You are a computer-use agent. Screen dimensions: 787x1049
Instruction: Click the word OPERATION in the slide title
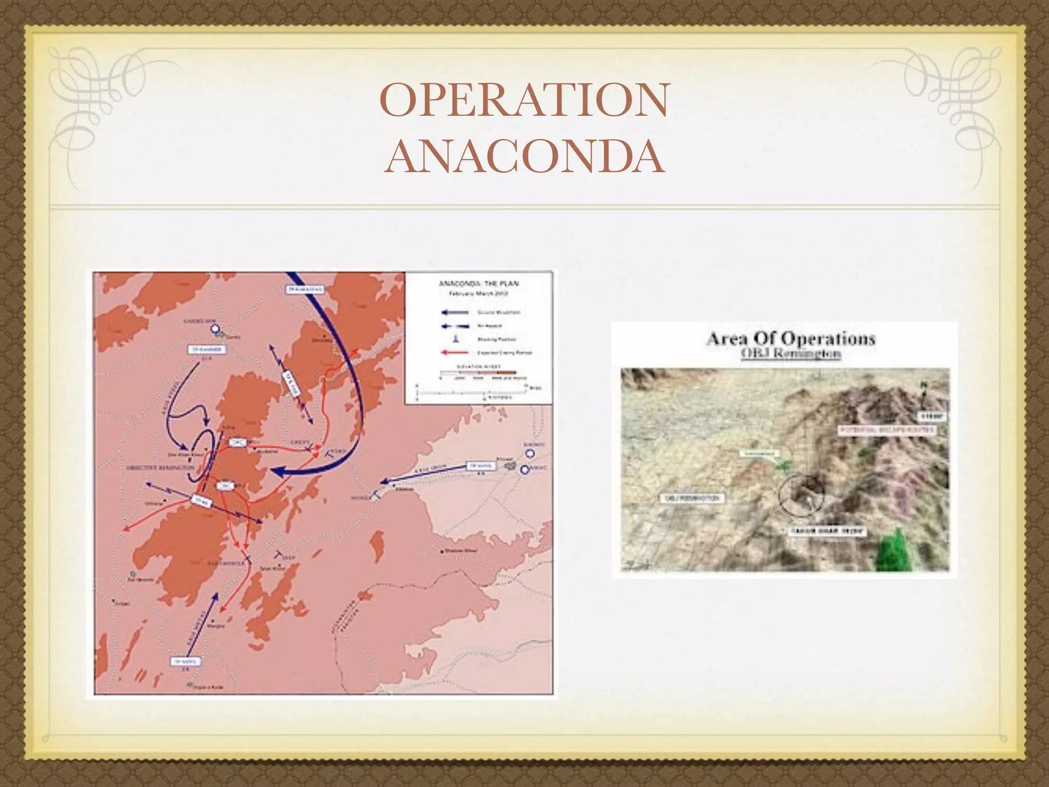pyautogui.click(x=524, y=101)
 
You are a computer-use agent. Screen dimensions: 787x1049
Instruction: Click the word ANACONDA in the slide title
pyautogui.click(x=524, y=157)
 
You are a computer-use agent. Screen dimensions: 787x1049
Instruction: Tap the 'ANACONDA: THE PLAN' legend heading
pyautogui.click(x=479, y=283)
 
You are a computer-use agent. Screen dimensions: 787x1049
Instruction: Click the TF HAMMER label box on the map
pyautogui.click(x=206, y=349)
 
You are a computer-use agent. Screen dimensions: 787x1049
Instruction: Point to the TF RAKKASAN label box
pyautogui.click(x=304, y=289)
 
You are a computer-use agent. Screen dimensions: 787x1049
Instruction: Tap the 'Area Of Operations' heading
pyautogui.click(x=790, y=339)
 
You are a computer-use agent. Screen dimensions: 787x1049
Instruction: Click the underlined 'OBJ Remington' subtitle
pyautogui.click(x=790, y=355)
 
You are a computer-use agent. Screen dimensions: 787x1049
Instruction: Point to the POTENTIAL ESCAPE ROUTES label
pyautogui.click(x=887, y=430)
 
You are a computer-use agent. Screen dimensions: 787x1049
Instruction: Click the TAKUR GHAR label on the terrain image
pyautogui.click(x=827, y=531)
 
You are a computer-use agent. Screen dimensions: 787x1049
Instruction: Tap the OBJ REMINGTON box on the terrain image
pyautogui.click(x=691, y=498)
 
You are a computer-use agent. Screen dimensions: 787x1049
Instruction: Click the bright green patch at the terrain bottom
pyautogui.click(x=895, y=550)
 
